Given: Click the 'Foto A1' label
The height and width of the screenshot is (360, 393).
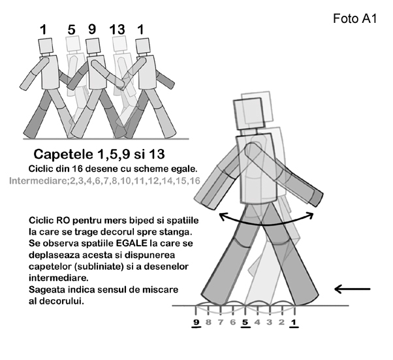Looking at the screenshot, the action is pyautogui.click(x=354, y=18).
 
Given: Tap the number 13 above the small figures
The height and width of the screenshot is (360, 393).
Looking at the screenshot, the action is pyautogui.click(x=117, y=29).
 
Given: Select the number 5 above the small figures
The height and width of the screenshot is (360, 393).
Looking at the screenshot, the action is pyautogui.click(x=71, y=30).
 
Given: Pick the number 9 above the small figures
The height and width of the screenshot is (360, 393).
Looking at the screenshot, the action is pyautogui.click(x=92, y=29).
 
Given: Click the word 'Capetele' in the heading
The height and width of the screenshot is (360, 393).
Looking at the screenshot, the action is pyautogui.click(x=63, y=154).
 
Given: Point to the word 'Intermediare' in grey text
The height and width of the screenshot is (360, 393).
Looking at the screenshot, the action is pyautogui.click(x=39, y=180).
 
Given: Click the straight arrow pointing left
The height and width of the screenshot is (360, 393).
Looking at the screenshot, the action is pyautogui.click(x=353, y=289).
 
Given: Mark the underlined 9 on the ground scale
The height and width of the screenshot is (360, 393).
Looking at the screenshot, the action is pyautogui.click(x=196, y=322).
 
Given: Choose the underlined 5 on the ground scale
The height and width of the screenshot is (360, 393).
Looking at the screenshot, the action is pyautogui.click(x=245, y=322).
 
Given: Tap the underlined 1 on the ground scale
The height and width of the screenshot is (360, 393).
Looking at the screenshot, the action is pyautogui.click(x=294, y=322).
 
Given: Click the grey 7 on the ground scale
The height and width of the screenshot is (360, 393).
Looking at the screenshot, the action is pyautogui.click(x=221, y=322).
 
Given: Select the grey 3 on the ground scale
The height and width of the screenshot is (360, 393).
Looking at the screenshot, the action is pyautogui.click(x=270, y=322).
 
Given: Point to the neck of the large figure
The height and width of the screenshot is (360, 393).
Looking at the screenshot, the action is pyautogui.click(x=249, y=132).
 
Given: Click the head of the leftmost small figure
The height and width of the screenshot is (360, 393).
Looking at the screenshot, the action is pyautogui.click(x=46, y=46).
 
